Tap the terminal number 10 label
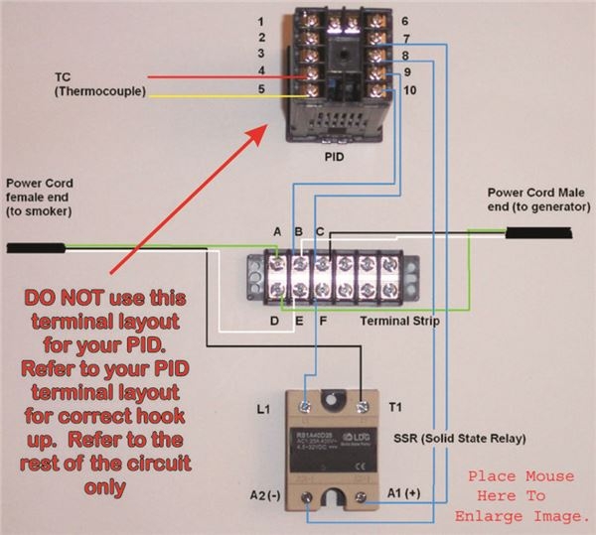pyautogui.click(x=409, y=90)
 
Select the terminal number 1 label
pyautogui.click(x=260, y=21)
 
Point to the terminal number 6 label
pyautogui.click(x=406, y=21)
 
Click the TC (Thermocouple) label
pyautogui.click(x=99, y=84)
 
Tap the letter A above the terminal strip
pyautogui.click(x=277, y=231)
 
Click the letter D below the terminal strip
pyautogui.click(x=275, y=321)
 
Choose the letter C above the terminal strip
pyautogui.click(x=319, y=231)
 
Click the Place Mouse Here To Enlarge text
pyautogui.click(x=521, y=497)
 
